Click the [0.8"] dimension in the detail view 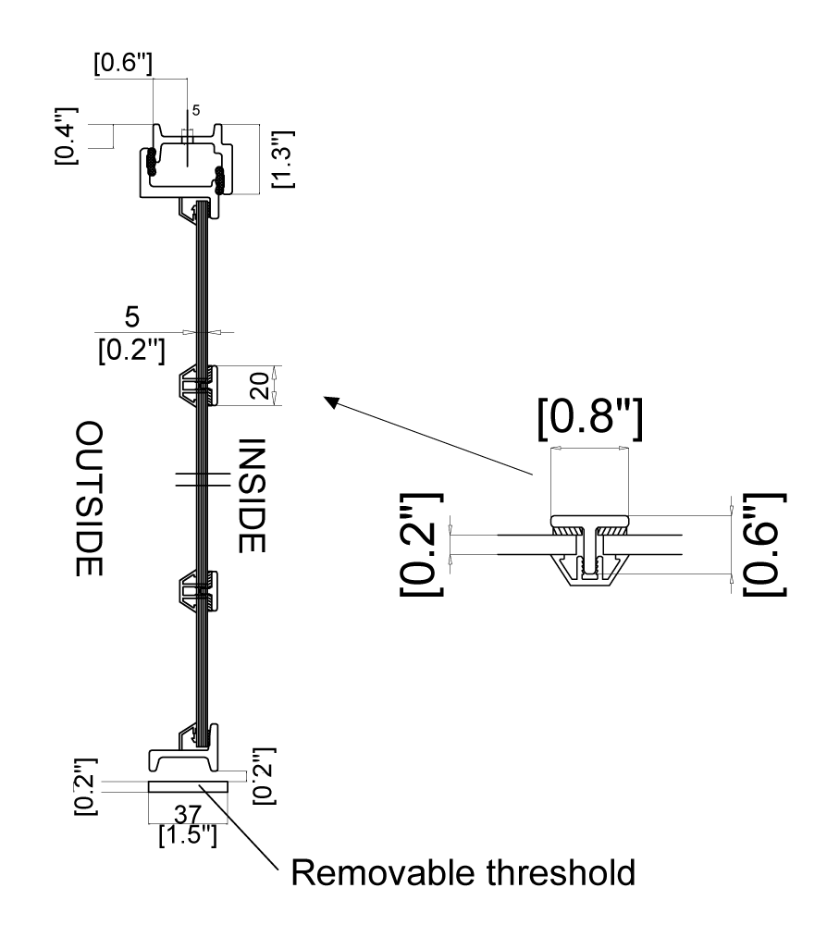coord(589,419)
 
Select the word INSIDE coord(252,495)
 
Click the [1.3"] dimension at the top coord(283,156)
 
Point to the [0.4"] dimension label coord(67,137)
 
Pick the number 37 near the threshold coord(189,815)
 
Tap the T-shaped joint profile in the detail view coord(589,548)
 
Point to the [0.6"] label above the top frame coord(123,65)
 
